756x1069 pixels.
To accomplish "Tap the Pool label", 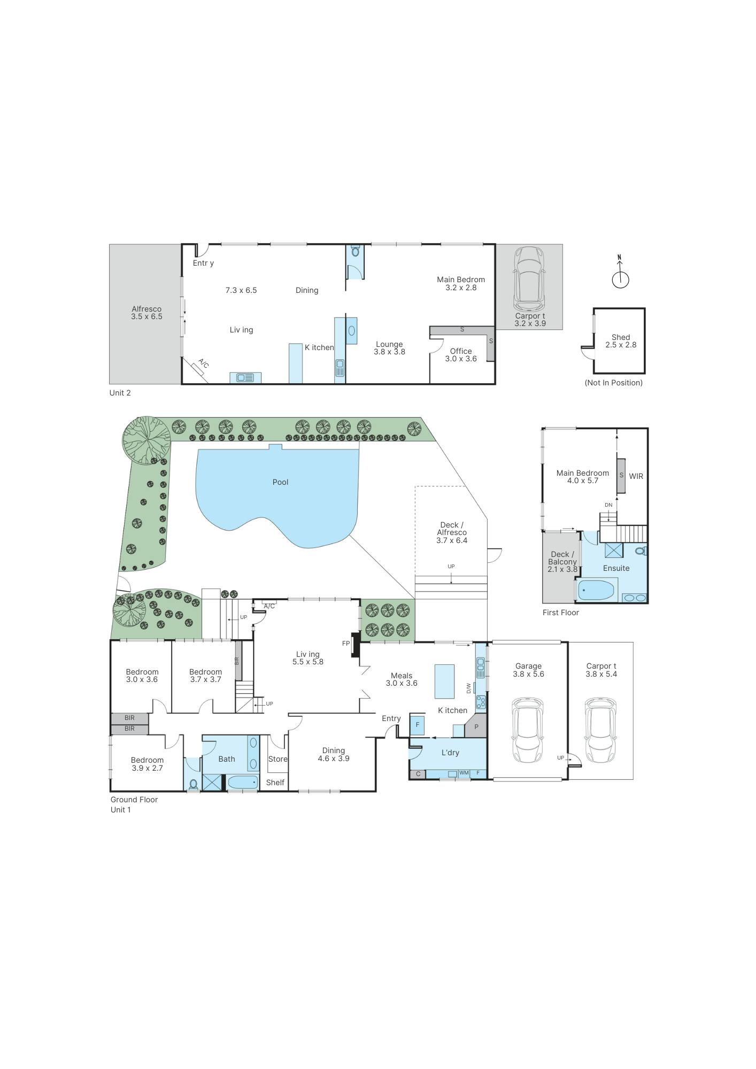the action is tap(280, 482).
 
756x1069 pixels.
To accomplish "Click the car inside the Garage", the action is tap(528, 730).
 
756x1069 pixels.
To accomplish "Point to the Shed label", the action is tap(621, 337).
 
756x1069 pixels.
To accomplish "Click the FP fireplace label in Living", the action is tap(346, 644).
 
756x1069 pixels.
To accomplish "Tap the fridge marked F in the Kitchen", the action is tap(417, 726).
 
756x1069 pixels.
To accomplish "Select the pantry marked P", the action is tap(476, 727).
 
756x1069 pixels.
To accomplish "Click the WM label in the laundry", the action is tap(464, 773).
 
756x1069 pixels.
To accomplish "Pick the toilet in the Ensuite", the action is tap(640, 551).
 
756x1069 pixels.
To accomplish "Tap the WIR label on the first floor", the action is tap(636, 476).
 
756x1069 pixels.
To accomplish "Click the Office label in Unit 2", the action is tap(461, 351).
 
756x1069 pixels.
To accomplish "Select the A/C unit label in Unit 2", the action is tap(203, 364).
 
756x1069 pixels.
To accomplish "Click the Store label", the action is tap(277, 759).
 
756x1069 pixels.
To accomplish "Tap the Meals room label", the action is tap(402, 676).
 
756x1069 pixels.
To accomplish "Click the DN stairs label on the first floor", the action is tap(608, 505).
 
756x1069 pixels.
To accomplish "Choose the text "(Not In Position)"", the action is tap(614, 383).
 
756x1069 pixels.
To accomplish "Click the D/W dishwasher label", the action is tap(469, 688).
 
